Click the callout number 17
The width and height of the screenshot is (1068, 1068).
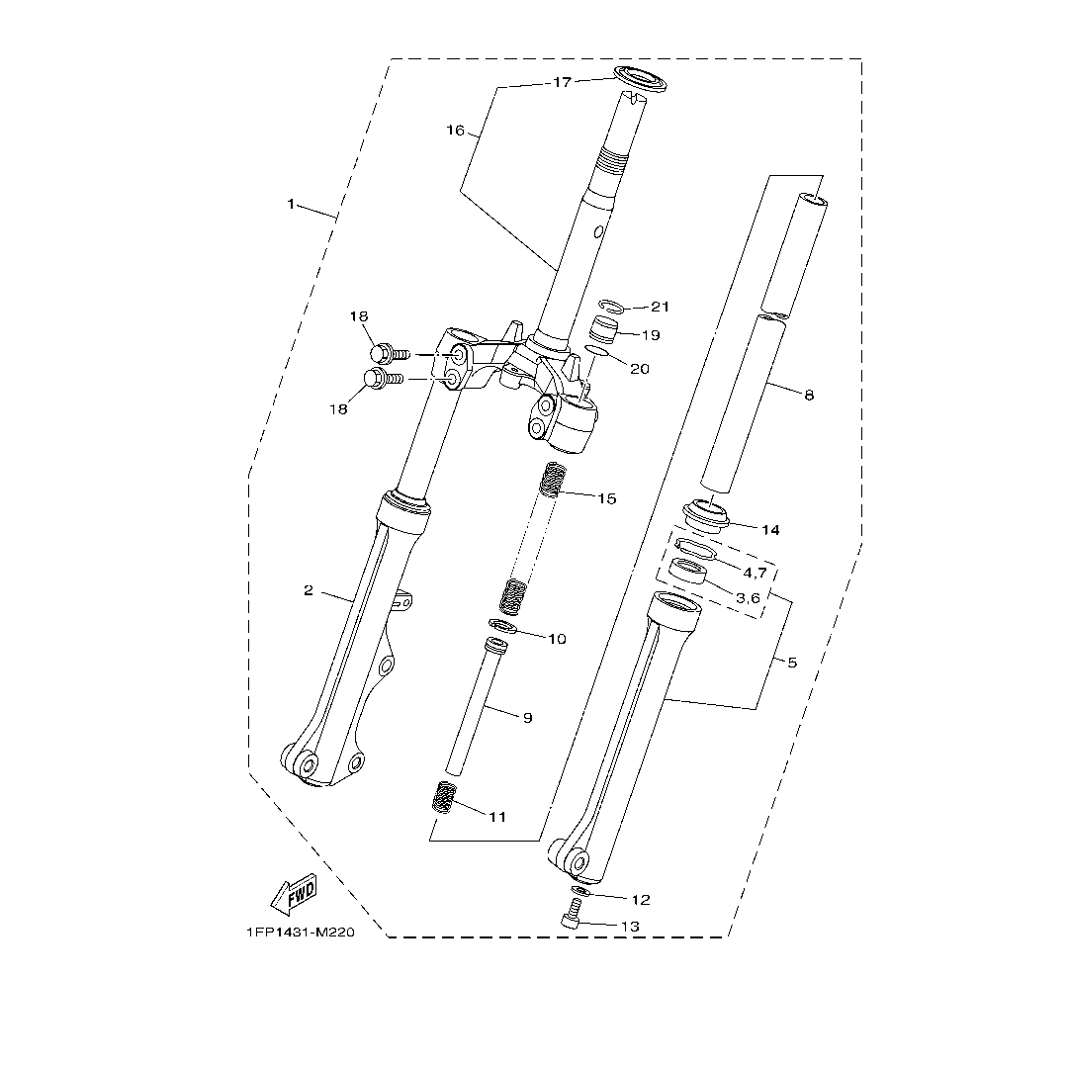click(562, 83)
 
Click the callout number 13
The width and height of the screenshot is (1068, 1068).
click(630, 927)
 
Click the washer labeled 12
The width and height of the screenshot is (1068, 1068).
click(580, 892)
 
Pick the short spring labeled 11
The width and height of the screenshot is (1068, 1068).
click(447, 796)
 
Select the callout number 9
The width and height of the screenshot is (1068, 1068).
click(527, 718)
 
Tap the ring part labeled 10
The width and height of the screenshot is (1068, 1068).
click(503, 628)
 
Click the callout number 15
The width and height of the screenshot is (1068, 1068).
click(606, 498)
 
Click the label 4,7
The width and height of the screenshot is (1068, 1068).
click(755, 573)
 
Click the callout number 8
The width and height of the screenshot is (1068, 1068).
click(809, 396)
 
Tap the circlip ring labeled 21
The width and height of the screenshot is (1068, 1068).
click(612, 308)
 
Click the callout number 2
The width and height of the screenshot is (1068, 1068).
click(309, 590)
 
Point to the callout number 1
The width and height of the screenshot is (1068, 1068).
click(291, 204)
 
